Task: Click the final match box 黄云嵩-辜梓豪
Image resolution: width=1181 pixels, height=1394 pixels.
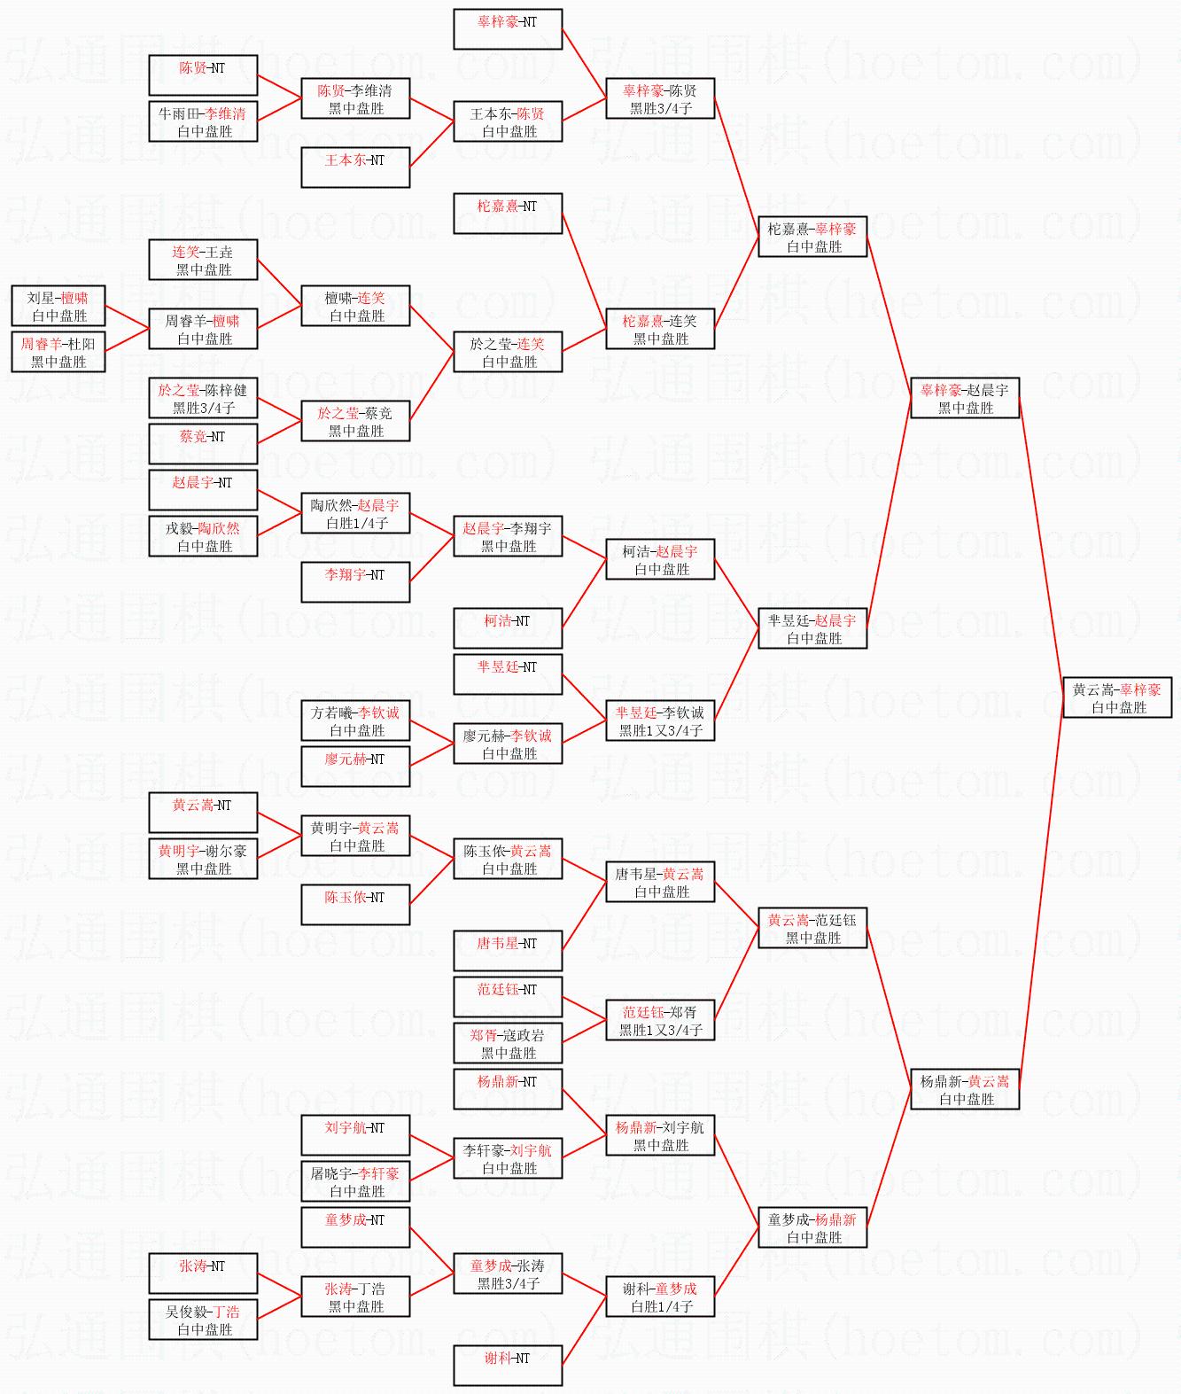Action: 1117,697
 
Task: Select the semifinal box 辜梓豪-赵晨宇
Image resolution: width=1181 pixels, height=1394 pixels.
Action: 965,398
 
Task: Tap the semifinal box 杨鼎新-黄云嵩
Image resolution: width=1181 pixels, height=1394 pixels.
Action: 965,1089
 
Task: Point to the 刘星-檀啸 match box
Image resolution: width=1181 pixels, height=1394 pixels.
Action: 58,306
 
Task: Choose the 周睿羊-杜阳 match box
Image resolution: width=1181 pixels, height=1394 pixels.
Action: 58,352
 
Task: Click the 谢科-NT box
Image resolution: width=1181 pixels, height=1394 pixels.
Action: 508,1366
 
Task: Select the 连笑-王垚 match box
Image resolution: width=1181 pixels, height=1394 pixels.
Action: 203,260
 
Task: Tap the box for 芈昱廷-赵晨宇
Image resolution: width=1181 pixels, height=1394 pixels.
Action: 812,628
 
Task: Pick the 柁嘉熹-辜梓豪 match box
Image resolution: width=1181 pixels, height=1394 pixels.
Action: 812,237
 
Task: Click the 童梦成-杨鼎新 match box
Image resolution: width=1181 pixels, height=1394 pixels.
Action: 812,1227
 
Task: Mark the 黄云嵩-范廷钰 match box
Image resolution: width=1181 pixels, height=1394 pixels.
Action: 812,928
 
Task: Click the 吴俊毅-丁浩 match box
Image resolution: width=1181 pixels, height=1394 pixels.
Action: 203,1320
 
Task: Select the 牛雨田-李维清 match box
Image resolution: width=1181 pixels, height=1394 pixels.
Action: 203,121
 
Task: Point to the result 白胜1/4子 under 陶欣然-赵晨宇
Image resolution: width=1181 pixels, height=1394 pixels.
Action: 356,524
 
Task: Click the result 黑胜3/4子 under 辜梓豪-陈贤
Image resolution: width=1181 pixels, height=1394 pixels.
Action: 660,109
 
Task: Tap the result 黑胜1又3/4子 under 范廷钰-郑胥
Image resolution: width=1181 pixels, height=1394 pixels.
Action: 660,1030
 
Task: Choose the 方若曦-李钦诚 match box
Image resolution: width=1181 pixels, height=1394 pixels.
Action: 355,720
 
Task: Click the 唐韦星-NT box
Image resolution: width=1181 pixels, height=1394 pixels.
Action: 508,951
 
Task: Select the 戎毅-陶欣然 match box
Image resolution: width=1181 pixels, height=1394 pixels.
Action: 203,536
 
